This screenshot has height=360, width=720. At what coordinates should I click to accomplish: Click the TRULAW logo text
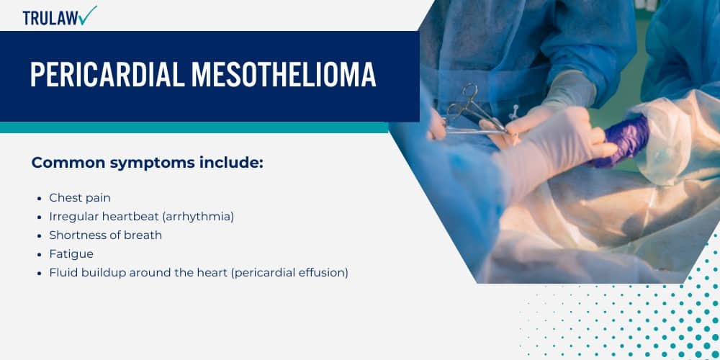pyautogui.click(x=50, y=18)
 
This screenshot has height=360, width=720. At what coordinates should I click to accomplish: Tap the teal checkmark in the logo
pyautogui.click(x=88, y=15)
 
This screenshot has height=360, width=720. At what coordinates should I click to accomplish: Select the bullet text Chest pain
pyautogui.click(x=80, y=197)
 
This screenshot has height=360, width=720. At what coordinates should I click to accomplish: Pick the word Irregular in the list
pyautogui.click(x=73, y=216)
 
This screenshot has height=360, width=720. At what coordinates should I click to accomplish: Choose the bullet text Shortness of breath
pyautogui.click(x=105, y=235)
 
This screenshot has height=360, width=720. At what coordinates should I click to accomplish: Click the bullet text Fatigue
pyautogui.click(x=71, y=253)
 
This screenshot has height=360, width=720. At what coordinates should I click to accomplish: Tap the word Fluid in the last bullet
pyautogui.click(x=63, y=273)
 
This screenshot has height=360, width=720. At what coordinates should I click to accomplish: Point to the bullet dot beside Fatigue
pyautogui.click(x=38, y=254)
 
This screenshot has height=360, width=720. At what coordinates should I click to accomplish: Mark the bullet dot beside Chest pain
pyautogui.click(x=38, y=198)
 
